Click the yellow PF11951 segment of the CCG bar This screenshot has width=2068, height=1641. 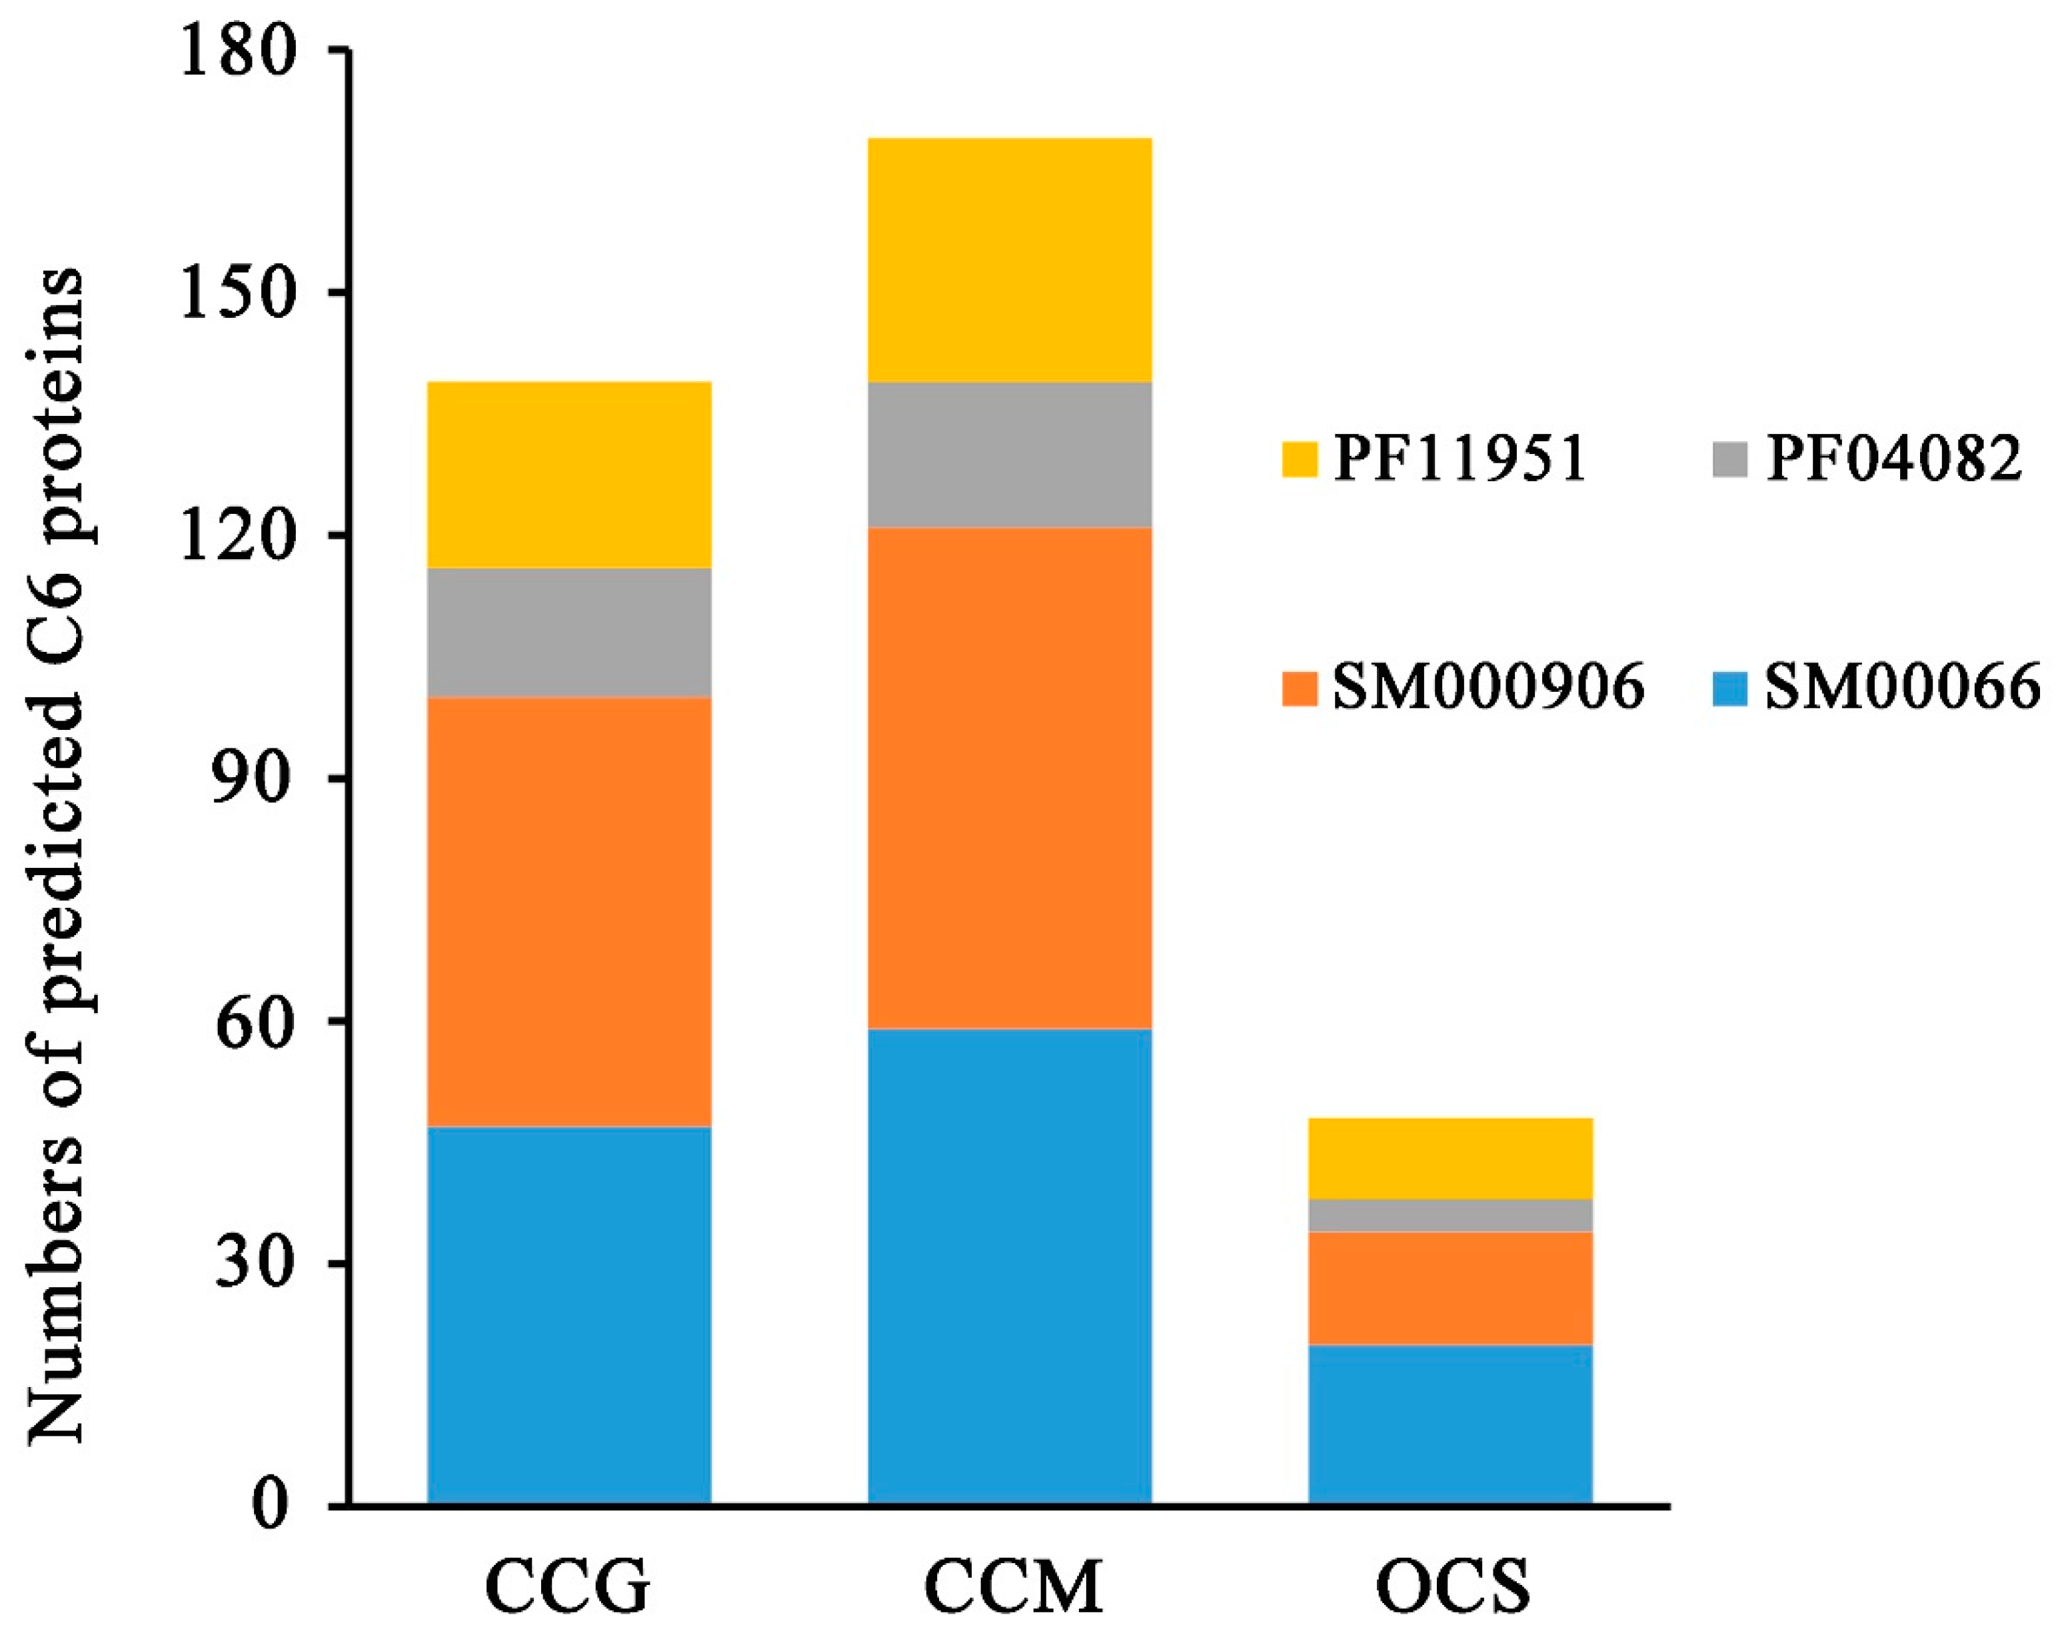click(568, 475)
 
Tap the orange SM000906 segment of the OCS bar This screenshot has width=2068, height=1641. click(1450, 1288)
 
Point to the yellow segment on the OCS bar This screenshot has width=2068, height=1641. click(1450, 1158)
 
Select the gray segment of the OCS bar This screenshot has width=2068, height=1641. click(1450, 1215)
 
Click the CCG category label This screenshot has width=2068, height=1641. click(568, 1587)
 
